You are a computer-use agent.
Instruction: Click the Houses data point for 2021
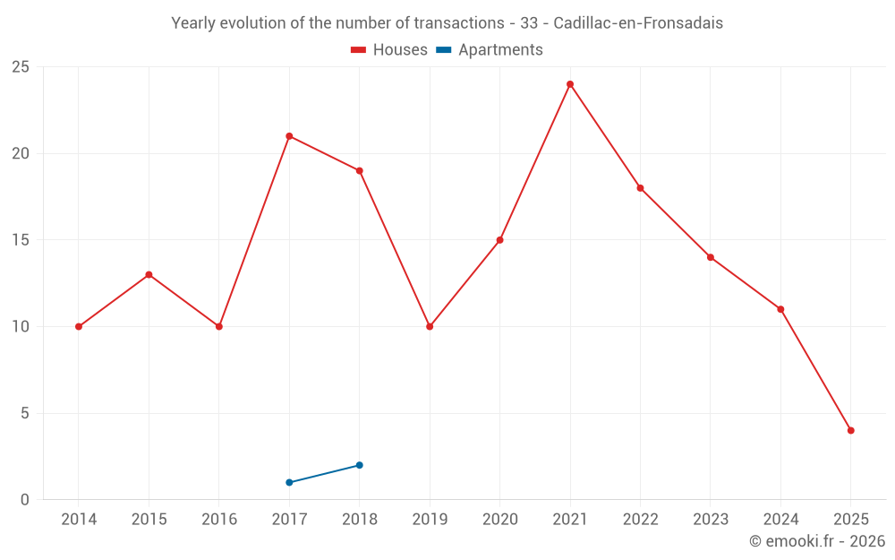pos(570,84)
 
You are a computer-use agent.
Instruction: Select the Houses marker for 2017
pos(289,136)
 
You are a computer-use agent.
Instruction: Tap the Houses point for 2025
pos(851,430)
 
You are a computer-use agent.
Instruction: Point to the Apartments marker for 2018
pos(359,465)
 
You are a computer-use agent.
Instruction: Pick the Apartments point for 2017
pos(289,482)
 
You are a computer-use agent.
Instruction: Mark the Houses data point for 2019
pos(430,326)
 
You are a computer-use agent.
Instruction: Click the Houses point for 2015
pos(149,274)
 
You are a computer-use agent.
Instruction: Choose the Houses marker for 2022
pos(640,188)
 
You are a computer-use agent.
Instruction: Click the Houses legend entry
pos(389,50)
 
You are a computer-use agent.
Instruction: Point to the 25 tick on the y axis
pos(21,67)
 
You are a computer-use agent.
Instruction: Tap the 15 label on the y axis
pos(21,240)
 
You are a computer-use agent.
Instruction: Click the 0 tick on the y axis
pos(25,500)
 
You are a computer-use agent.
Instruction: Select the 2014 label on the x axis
pos(79,520)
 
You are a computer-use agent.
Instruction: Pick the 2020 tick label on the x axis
pos(499,520)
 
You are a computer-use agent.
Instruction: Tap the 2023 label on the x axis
pos(711,520)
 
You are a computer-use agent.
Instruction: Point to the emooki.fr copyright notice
pos(817,541)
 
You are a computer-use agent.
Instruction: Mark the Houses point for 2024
pos(780,309)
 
